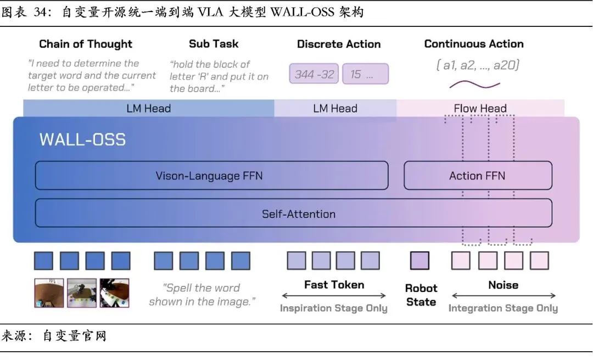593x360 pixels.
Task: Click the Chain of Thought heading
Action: pos(86,44)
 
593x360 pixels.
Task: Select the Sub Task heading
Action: pos(214,44)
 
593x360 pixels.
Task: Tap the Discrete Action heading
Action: pos(339,44)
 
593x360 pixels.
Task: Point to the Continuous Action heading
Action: pos(474,44)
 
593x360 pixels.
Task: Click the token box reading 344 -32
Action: pos(314,74)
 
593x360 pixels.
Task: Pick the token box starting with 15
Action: pos(365,74)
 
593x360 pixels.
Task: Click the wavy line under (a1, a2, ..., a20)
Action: pos(474,85)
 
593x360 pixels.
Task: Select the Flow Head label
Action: pos(480,109)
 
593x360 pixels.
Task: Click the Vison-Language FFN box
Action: pos(211,176)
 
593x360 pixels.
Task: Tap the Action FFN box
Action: pos(477,176)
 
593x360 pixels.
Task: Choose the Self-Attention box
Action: pos(293,214)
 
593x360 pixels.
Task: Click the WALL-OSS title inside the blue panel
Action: pos(82,139)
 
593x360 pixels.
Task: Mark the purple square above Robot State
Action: pos(420,261)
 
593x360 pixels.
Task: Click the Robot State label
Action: pos(421,295)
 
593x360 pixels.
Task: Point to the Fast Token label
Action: pos(334,285)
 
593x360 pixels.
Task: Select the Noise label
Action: pos(503,285)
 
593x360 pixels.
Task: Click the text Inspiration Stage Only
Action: pos(333,308)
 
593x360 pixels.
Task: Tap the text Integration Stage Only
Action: pos(503,308)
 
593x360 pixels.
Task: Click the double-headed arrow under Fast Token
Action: pos(334,296)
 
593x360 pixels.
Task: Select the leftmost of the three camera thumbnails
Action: pos(48,292)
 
